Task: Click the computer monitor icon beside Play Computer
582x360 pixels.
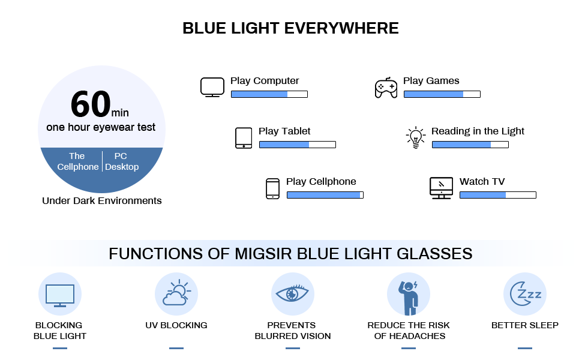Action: (x=212, y=87)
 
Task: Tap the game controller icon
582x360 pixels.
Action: (x=385, y=88)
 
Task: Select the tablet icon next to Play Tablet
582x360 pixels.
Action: (x=243, y=138)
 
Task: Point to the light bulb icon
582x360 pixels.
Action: (x=415, y=138)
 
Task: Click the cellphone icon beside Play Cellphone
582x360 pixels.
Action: (x=272, y=188)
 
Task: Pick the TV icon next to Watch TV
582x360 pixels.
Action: (x=441, y=188)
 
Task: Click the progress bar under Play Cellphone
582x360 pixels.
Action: (x=325, y=195)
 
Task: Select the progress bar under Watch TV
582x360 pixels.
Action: (x=497, y=195)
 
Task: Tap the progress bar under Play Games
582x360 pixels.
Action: (x=442, y=94)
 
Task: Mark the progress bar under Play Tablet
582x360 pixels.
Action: (x=297, y=145)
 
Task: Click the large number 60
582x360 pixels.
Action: (x=91, y=104)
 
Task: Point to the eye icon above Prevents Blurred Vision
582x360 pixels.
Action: (x=292, y=294)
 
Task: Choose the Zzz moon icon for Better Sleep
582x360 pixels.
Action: (x=524, y=294)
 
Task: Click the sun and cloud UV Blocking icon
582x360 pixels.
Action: (x=176, y=293)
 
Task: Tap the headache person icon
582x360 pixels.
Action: (x=409, y=295)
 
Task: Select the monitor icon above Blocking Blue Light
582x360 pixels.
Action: (x=60, y=295)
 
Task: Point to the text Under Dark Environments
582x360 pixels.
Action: (x=101, y=201)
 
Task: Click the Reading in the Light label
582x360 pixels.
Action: (x=478, y=131)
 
